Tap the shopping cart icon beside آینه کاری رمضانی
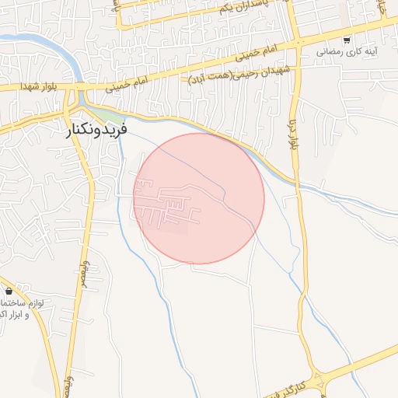pos(347,40)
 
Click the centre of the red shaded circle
pos(199,198)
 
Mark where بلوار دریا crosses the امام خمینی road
pos(296,41)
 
